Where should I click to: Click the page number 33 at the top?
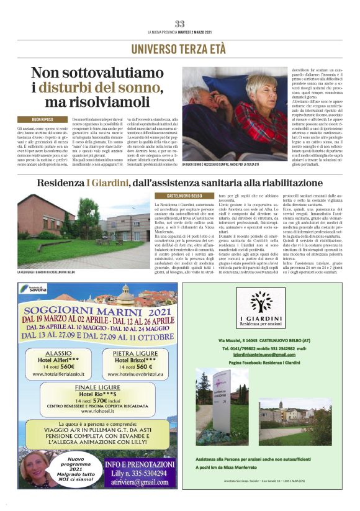180,24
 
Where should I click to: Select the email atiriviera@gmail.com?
141,481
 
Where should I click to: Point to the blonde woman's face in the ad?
31,466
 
